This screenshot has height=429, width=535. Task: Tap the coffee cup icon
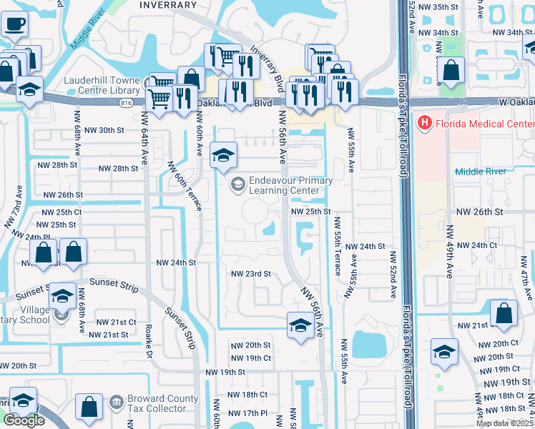point(14,24)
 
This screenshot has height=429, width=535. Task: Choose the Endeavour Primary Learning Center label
point(290,186)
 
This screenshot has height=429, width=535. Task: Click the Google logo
point(24,420)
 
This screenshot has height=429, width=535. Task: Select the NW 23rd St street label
point(250,274)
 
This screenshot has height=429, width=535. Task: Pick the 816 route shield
point(127,104)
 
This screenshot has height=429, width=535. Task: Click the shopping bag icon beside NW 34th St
point(451,71)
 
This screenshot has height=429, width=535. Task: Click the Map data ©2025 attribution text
point(505,423)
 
